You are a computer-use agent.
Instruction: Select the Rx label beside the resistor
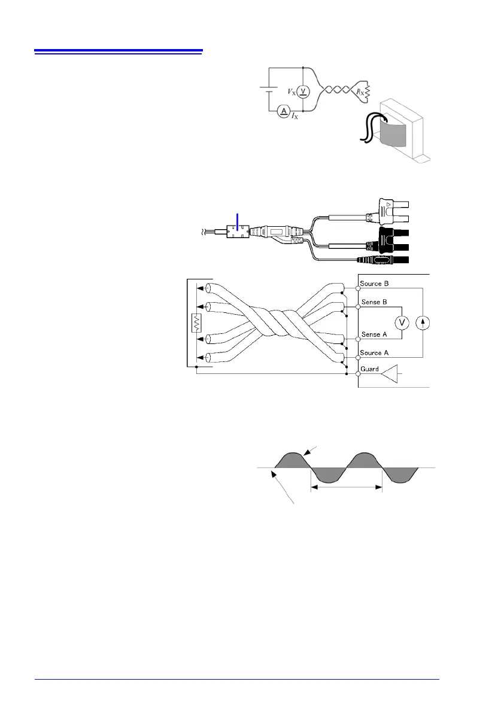[x=359, y=92]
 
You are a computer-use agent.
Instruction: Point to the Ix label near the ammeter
[x=295, y=118]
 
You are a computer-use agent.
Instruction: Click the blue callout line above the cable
[x=239, y=221]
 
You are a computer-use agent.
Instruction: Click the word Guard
[x=369, y=370]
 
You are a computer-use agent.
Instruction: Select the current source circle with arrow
[x=424, y=322]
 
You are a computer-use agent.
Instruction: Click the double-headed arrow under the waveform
[x=346, y=488]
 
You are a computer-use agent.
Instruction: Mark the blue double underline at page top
[x=119, y=51]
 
